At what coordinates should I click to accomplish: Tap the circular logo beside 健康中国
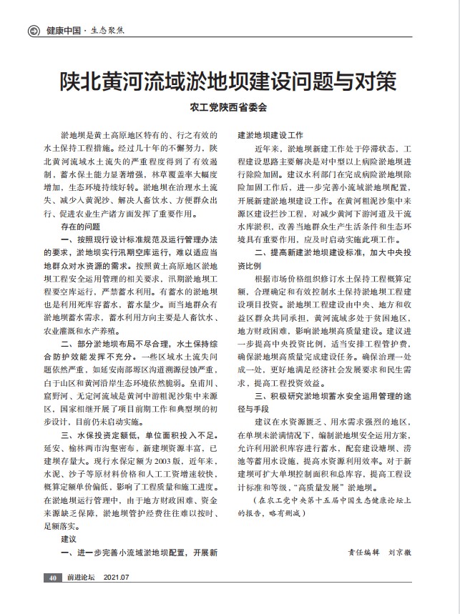pyautogui.click(x=33, y=31)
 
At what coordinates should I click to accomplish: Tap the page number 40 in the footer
pyautogui.click(x=52, y=578)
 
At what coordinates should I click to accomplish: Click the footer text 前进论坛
pyautogui.click(x=81, y=578)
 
